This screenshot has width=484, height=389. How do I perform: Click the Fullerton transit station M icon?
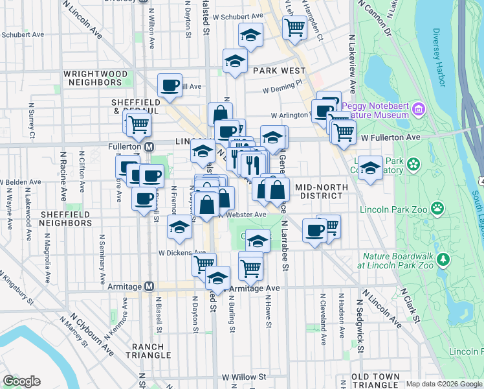pyautogui.click(x=149, y=147)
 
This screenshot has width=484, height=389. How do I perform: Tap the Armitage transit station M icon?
pyautogui.click(x=149, y=286)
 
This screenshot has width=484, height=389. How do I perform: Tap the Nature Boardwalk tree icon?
pyautogui.click(x=443, y=260)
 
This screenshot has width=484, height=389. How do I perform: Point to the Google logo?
pyautogui.click(x=21, y=381)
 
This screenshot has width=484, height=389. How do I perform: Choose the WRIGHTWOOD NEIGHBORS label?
pyautogui.click(x=95, y=78)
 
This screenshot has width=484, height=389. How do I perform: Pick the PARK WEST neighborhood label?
pyautogui.click(x=279, y=70)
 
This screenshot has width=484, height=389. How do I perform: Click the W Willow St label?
pyautogui.click(x=244, y=376)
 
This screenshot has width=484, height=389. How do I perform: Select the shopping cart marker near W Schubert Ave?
pyautogui.click(x=294, y=28)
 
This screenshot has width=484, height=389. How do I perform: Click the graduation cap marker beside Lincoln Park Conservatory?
pyautogui.click(x=369, y=168)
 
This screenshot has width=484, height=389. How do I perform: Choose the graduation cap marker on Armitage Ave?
pyautogui.click(x=218, y=278)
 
